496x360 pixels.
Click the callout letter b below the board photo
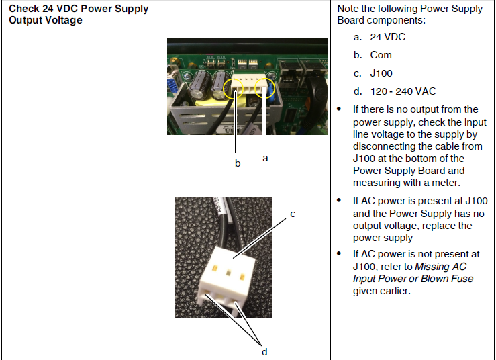238,163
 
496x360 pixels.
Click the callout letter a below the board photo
265,158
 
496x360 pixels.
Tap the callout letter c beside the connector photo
293,214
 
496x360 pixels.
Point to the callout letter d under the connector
264,351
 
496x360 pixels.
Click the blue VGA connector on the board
172,88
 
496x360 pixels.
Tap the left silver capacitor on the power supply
199,85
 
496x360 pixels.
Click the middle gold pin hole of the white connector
228,273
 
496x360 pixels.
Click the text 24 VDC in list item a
387,37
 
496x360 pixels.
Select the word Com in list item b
381,55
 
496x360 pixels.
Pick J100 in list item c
381,73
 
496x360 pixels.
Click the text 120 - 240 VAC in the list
403,91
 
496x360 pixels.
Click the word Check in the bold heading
23,9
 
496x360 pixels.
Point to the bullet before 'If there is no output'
339,109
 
